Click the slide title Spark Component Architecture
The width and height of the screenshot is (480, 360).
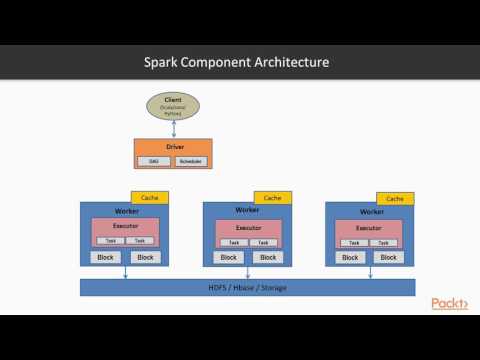(238, 63)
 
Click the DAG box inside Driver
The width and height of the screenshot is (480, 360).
(154, 160)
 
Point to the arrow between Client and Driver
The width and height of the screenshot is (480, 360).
(173, 126)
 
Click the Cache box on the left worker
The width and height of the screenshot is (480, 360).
(149, 198)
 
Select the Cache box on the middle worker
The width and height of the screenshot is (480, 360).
(272, 198)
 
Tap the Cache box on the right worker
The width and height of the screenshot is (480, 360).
(395, 198)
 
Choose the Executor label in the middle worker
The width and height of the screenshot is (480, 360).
(247, 227)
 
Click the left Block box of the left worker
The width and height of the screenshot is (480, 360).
(105, 257)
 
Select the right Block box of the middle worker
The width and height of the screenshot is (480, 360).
(266, 257)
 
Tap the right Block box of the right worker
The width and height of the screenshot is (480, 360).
(389, 257)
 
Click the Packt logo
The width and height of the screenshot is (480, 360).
(451, 303)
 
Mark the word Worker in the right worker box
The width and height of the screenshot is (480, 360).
(370, 211)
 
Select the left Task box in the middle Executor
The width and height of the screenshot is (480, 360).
(233, 242)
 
